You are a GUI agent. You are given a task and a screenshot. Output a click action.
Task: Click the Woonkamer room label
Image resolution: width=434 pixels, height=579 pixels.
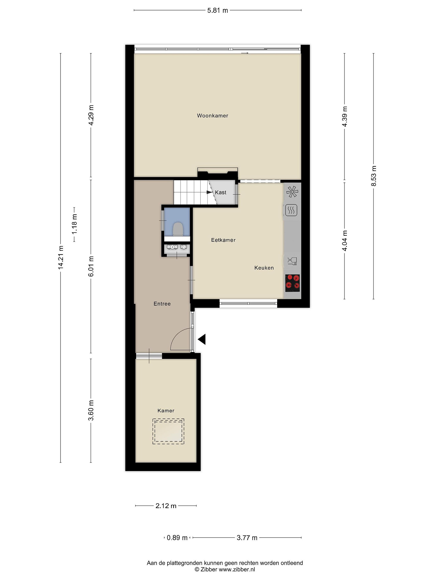(212, 115)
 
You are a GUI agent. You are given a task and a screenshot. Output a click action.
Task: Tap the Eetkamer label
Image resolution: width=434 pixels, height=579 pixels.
(223, 240)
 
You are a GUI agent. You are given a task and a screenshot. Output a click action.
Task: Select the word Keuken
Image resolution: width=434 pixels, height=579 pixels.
(264, 268)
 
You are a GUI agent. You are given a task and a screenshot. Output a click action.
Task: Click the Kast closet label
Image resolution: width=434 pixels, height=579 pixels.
(221, 192)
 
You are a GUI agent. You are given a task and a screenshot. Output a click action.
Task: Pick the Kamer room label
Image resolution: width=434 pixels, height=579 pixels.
(166, 411)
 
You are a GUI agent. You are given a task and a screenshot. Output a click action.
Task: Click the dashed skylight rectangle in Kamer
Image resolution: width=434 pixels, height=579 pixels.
(168, 431)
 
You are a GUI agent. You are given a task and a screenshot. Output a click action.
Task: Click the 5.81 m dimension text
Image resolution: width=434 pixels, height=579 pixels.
(218, 10)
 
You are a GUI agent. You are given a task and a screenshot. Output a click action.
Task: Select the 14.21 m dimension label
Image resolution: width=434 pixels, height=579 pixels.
(61, 257)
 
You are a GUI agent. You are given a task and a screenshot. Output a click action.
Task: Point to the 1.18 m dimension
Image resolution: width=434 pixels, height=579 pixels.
(75, 224)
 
